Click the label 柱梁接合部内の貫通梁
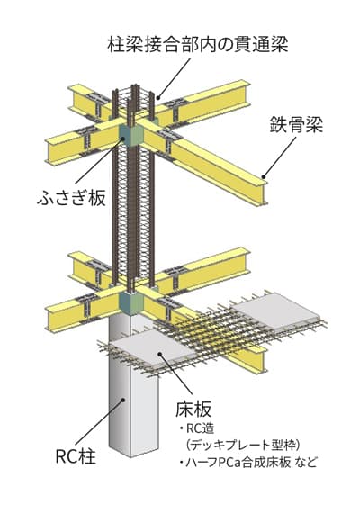coord(198,45)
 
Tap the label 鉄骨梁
coord(296,125)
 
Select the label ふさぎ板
coord(72,198)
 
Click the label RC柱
coord(76,455)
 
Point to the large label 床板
coord(193,409)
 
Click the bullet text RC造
coord(197,428)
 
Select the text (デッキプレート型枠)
coord(242,445)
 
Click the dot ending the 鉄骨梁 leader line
coord(264,177)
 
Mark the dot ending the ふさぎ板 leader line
coord(123,139)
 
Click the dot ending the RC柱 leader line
coord(123,399)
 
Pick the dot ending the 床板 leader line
coord(159,353)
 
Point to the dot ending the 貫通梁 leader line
coord(158,97)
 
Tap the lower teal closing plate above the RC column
coord(131,302)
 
